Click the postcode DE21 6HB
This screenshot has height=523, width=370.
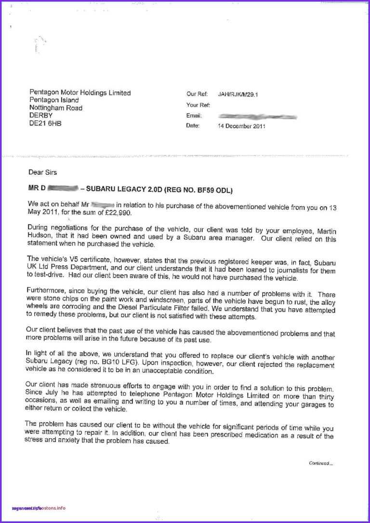coord(45,123)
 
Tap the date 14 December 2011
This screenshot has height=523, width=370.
coord(241,126)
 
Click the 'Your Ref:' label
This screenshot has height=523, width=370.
coord(198,105)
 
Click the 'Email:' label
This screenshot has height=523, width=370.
coord(194,116)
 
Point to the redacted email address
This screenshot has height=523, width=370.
coord(257,116)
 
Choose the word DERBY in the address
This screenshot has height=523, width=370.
coord(41,116)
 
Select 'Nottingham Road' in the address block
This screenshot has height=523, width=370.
coord(56,108)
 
